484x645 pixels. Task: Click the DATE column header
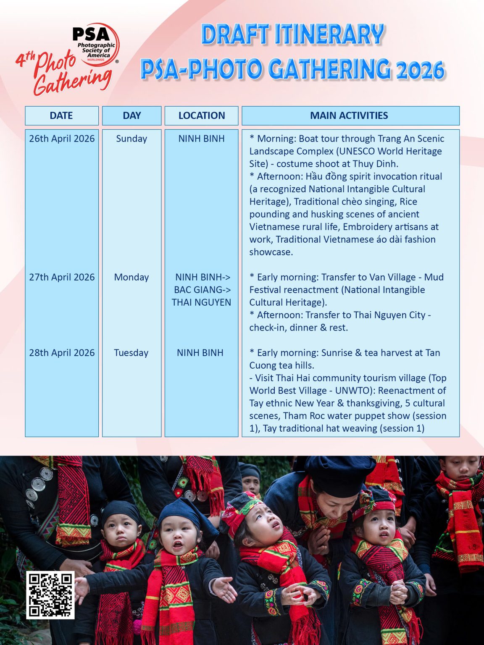pyautogui.click(x=61, y=115)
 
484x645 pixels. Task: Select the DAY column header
pyautogui.click(x=132, y=115)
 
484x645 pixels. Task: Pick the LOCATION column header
pyautogui.click(x=202, y=115)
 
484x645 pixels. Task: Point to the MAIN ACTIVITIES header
pyautogui.click(x=349, y=115)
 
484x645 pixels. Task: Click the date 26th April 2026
pyautogui.click(x=62, y=139)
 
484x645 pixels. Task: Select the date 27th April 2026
pyautogui.click(x=62, y=277)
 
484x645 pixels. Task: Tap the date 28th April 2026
pyautogui.click(x=62, y=353)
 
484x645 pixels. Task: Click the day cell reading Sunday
pyautogui.click(x=132, y=139)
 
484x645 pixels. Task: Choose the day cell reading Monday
pyautogui.click(x=132, y=277)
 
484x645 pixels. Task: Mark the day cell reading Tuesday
pyautogui.click(x=132, y=353)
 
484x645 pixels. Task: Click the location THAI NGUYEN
pyautogui.click(x=201, y=302)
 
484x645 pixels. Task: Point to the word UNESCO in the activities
pyautogui.click(x=356, y=151)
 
